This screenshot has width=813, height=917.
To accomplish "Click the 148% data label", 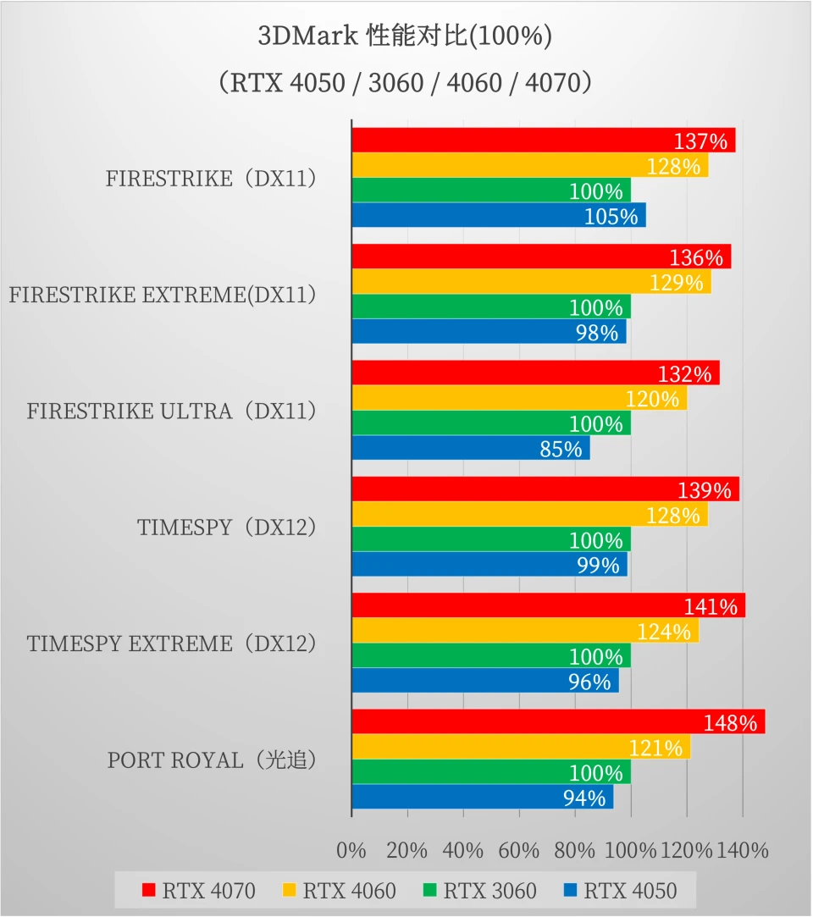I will coord(729,723).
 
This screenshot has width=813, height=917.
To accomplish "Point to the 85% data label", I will coord(561,449).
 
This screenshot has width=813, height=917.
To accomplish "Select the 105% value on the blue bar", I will coord(611,216).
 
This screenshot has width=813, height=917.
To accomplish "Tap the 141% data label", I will coord(711,606).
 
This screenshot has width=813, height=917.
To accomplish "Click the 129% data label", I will coord(677,283).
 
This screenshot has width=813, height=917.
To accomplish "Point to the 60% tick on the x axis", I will coord(518,850).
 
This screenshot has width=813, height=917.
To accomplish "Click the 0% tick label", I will coord(351,850).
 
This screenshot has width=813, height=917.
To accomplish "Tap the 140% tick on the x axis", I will coord(743,850).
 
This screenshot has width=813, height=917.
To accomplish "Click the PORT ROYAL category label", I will coord(213,760).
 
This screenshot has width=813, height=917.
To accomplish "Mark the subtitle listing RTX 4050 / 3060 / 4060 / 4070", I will coord(406,83).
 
